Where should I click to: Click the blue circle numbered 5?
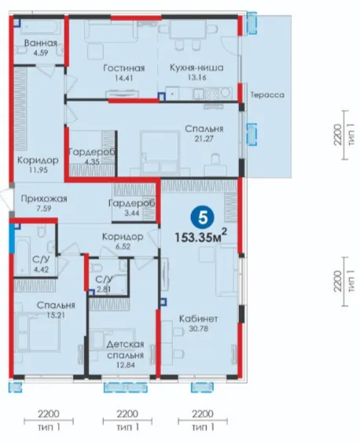202,218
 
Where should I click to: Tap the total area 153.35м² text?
201,236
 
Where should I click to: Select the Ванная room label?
41,43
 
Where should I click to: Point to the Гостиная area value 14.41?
123,78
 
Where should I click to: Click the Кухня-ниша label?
197,68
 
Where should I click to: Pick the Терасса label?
267,94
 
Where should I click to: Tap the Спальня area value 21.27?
204,138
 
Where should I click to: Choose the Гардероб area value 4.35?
92,162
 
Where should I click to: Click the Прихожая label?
44,199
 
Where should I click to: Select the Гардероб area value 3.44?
132,213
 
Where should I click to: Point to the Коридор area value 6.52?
123,246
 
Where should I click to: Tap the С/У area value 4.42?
41,270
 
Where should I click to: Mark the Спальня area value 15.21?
56,315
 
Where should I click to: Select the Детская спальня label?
125,349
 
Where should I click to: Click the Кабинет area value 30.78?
199,329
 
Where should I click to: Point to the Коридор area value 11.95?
38,170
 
